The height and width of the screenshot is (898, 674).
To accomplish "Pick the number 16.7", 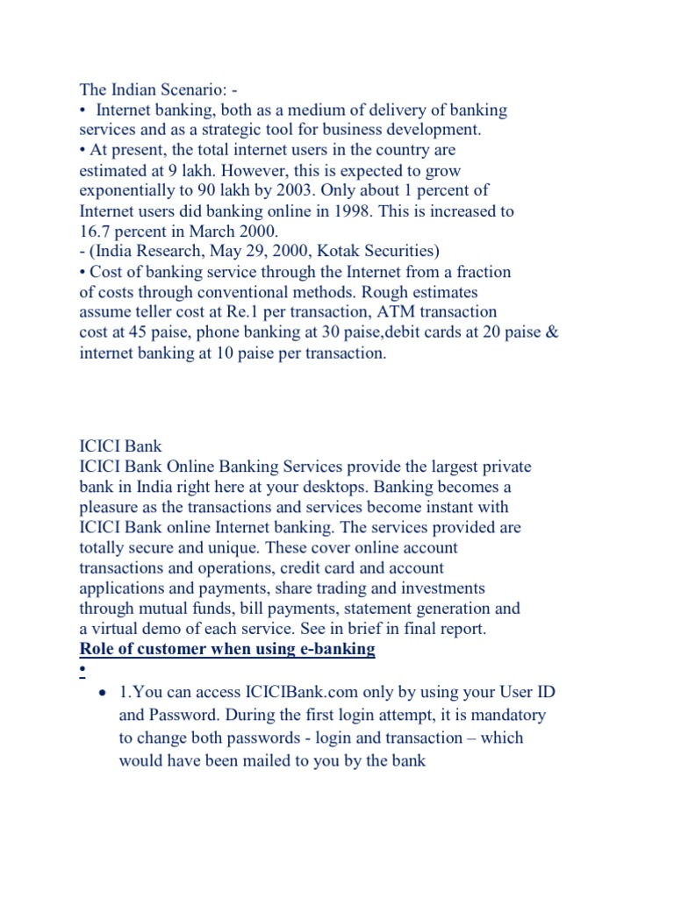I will pyautogui.click(x=95, y=232).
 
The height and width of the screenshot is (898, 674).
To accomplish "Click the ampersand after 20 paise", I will pyautogui.click(x=552, y=332).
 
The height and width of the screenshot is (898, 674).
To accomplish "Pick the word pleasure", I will pyautogui.click(x=111, y=507).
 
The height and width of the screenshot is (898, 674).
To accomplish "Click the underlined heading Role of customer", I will pyautogui.click(x=227, y=649).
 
